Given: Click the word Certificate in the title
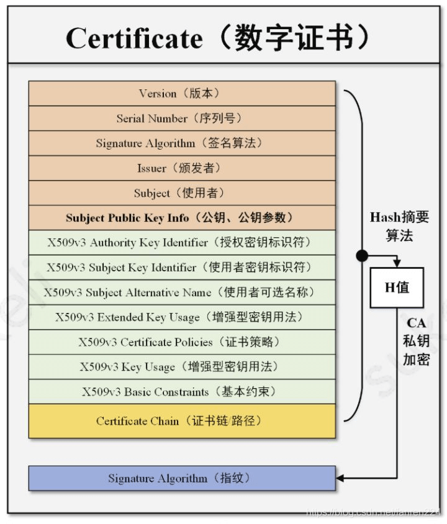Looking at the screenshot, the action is click(x=134, y=38).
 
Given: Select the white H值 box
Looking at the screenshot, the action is click(x=397, y=287).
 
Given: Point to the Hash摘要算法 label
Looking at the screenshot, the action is click(x=399, y=227).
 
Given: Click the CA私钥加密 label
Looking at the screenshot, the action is click(x=416, y=341).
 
